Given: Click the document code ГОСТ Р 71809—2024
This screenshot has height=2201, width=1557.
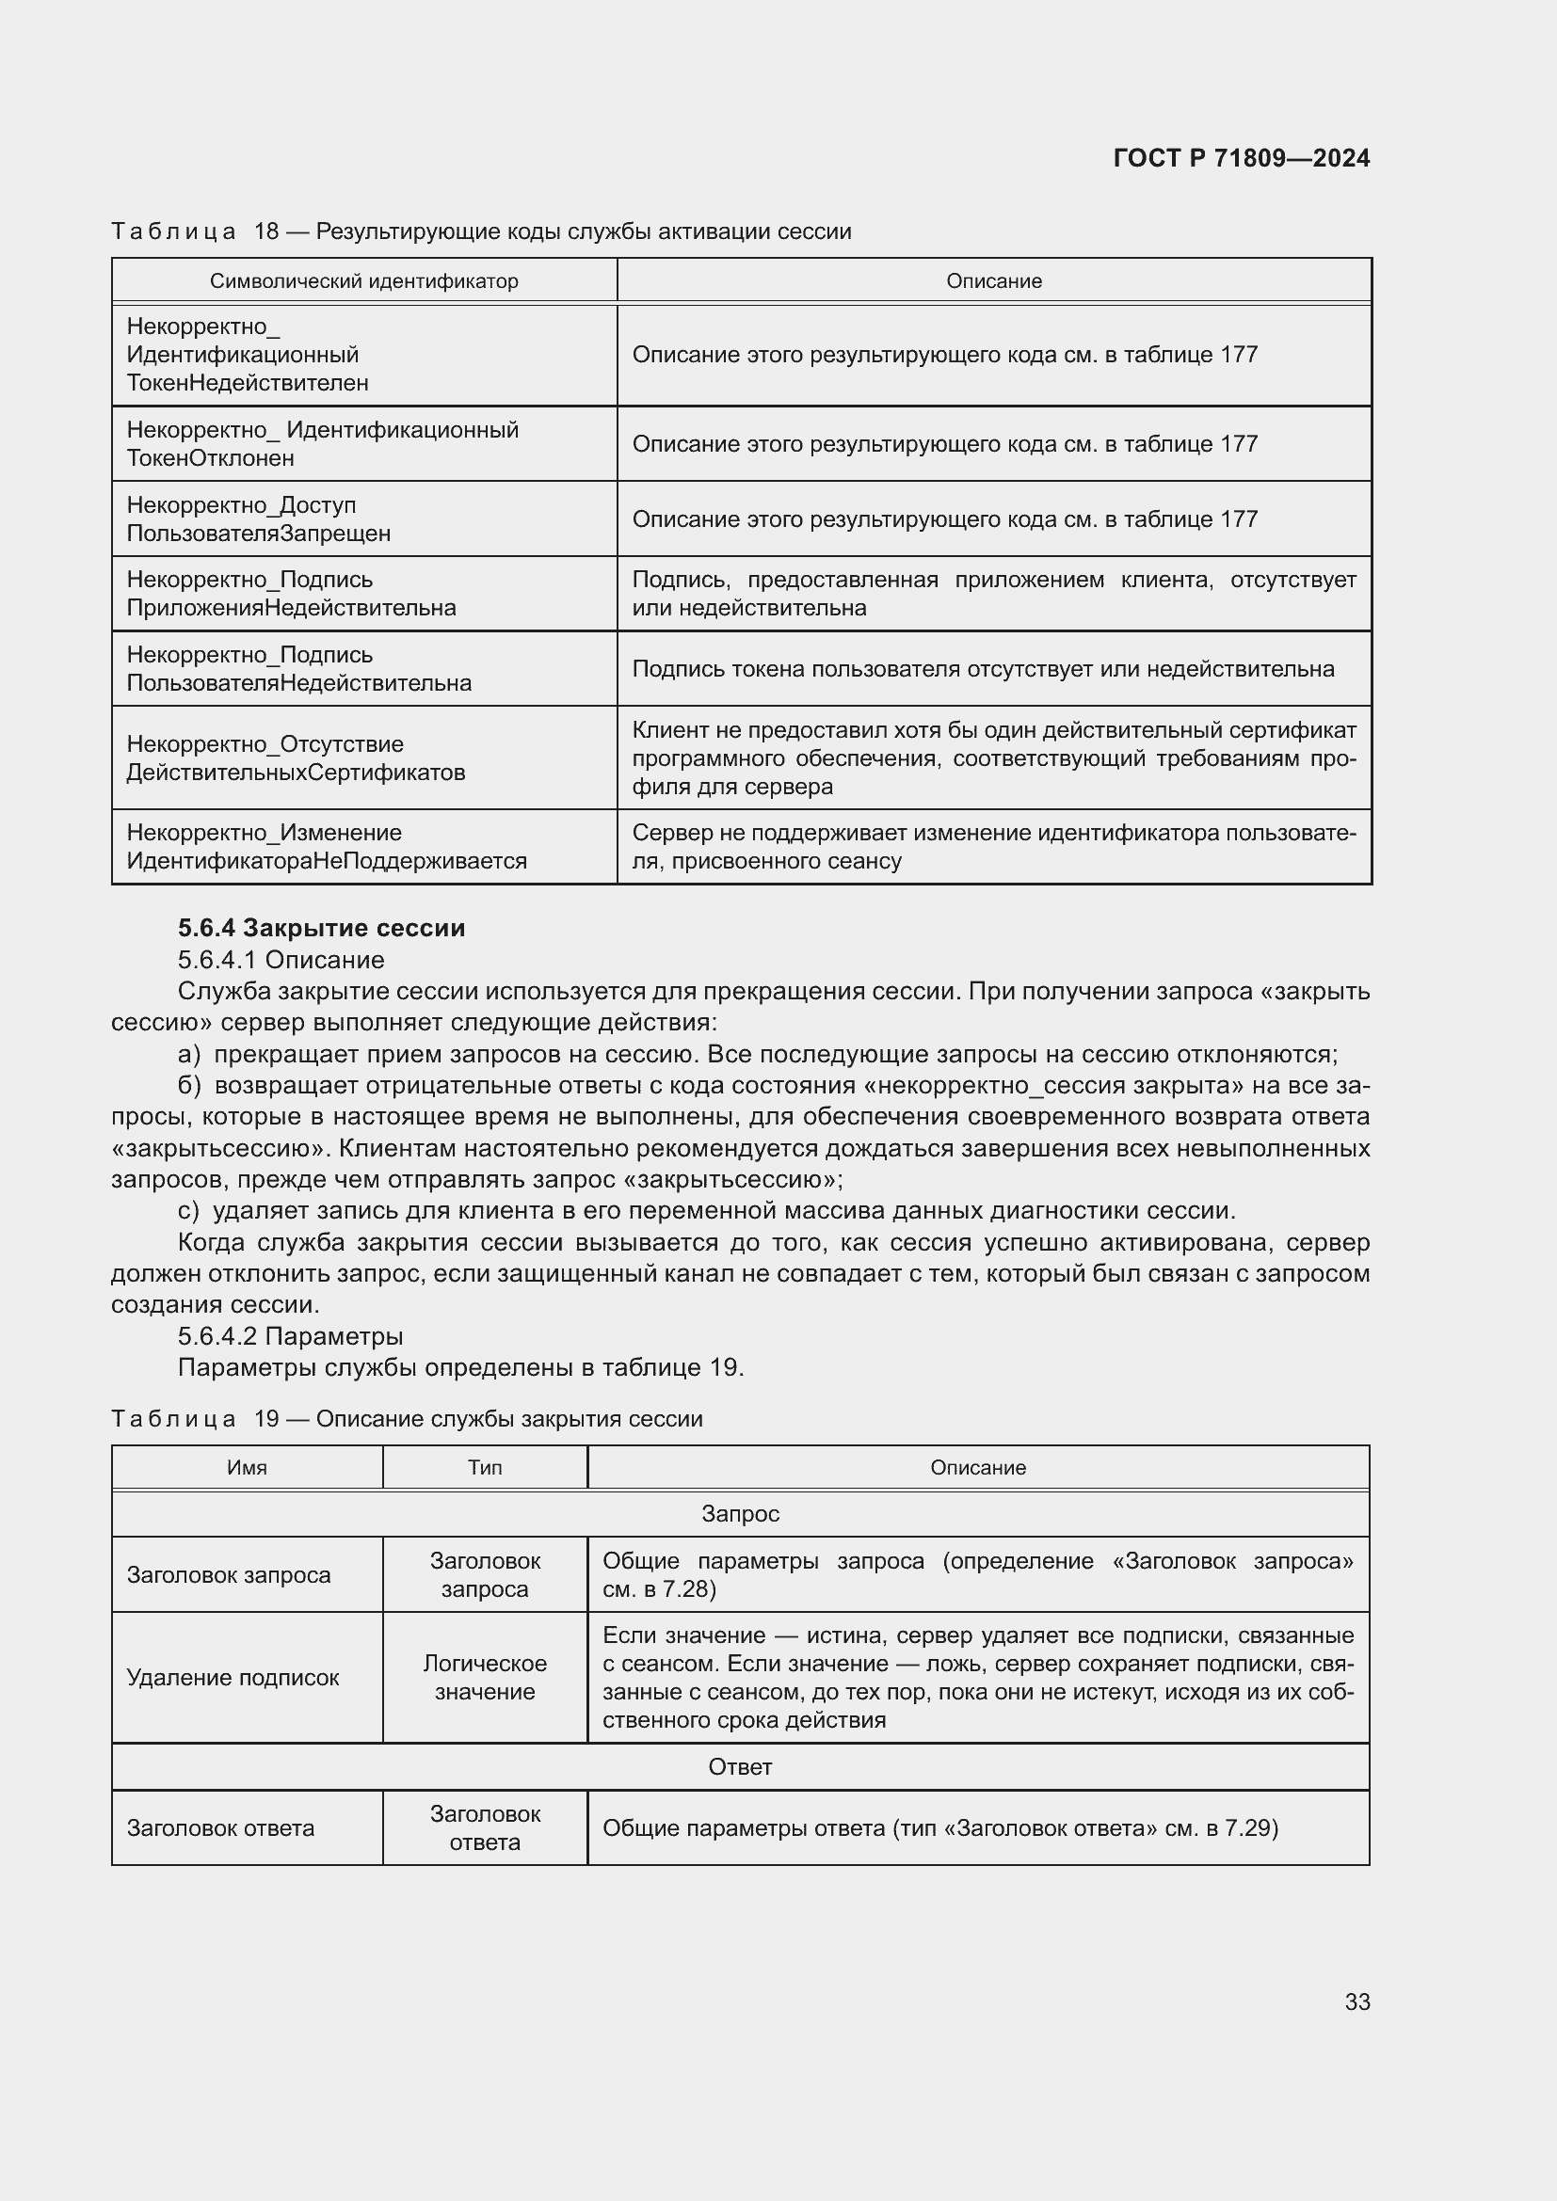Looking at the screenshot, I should click(x=1241, y=158).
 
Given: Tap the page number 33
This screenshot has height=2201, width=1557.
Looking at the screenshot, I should click(x=1356, y=2002).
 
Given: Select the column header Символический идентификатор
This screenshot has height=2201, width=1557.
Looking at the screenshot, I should click(x=363, y=280).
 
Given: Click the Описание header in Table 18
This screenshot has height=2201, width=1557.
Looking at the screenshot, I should click(x=993, y=280).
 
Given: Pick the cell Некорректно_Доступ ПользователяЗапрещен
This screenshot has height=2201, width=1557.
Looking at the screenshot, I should click(x=259, y=518).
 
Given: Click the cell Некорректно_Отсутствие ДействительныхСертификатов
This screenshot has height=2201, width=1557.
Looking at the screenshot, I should click(x=296, y=758).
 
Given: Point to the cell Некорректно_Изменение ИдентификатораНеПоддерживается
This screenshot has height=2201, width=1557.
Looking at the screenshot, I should click(x=326, y=847).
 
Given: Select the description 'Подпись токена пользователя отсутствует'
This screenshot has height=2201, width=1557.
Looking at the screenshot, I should click(x=982, y=668).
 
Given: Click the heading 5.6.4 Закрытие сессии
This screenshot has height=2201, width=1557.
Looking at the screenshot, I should click(x=321, y=927).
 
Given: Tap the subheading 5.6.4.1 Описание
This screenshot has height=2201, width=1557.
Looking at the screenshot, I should click(x=281, y=960).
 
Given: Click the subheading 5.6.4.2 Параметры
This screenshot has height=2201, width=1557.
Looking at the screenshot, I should click(x=290, y=1335).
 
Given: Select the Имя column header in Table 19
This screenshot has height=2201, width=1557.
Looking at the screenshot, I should click(x=247, y=1468).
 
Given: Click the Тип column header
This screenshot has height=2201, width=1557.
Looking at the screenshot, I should click(x=484, y=1468).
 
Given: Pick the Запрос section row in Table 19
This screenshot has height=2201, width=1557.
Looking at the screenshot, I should click(x=740, y=1514).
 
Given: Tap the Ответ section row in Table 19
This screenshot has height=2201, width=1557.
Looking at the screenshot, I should click(x=740, y=1767).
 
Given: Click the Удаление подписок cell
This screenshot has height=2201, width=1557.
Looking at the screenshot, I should click(x=233, y=1678).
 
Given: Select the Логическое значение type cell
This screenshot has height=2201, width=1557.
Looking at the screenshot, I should click(x=484, y=1678).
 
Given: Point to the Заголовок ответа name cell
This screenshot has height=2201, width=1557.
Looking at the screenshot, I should click(x=220, y=1828).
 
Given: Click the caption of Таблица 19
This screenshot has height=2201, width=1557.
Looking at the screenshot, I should click(x=407, y=1419).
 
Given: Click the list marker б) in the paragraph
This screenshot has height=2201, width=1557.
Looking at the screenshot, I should click(x=189, y=1085).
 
